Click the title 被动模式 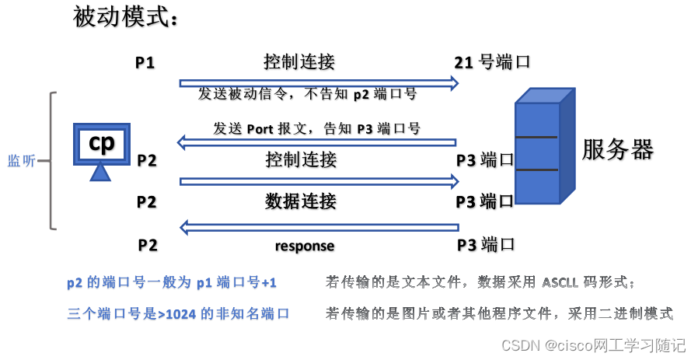125,17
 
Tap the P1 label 145,62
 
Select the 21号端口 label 492,62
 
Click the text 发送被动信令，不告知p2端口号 307,94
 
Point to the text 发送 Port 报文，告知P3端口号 316,128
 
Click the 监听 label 20,161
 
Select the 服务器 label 618,149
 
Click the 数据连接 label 301,201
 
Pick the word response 305,246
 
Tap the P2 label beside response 148,245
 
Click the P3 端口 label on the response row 485,244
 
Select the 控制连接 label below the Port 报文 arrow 301,160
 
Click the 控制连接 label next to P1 299,62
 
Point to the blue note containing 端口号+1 172,283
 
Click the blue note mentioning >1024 178,313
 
